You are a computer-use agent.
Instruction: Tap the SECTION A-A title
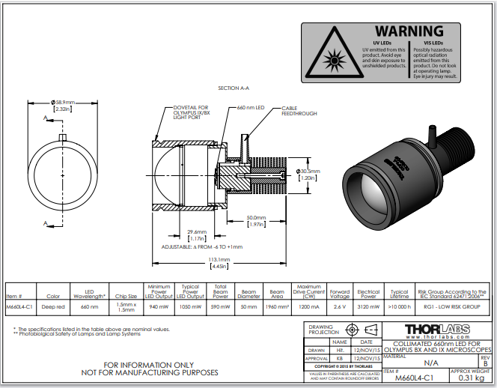(234, 88)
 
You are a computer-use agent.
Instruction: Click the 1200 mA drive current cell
(309, 306)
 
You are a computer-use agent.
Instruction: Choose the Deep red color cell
(53, 306)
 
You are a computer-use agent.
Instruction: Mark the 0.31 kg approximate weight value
(472, 378)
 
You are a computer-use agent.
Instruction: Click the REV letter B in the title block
(484, 363)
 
